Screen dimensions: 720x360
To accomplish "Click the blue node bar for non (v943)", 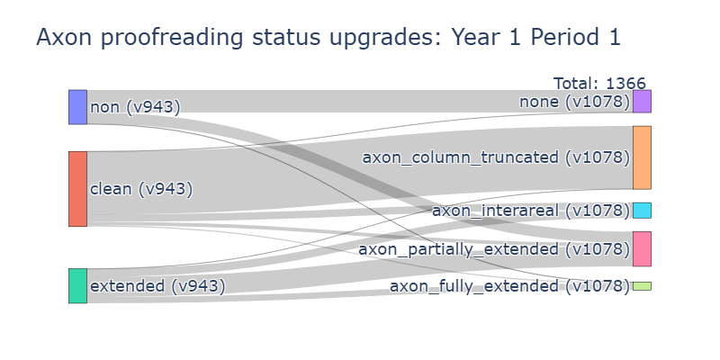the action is tap(77, 107).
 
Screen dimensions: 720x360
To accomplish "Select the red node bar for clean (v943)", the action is tap(77, 189).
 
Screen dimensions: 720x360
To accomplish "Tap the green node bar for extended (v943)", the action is tap(77, 285).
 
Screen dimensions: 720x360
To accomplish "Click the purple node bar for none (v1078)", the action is tap(642, 101).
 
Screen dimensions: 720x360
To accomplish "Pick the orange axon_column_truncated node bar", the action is tap(642, 157).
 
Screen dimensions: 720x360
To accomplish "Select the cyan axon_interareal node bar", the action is tap(642, 211).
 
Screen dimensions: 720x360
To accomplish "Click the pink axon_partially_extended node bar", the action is tap(642, 249).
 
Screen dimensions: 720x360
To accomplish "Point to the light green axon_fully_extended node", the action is tap(642, 286).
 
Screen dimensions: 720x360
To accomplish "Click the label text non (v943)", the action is tap(135, 107).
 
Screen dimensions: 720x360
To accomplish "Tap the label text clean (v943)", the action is tap(141, 189).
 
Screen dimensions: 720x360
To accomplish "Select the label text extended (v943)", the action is tap(158, 285).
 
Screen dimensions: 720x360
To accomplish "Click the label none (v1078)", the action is tap(574, 102).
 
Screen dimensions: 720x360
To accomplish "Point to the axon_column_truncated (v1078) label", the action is tap(496, 157).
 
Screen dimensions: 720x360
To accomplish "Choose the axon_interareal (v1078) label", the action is tap(531, 211).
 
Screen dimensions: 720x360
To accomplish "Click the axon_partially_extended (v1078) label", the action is tap(494, 249).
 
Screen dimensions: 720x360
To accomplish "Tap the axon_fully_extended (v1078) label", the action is tap(509, 286).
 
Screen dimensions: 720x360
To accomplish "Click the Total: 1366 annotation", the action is tap(599, 84).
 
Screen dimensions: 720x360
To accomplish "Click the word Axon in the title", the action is tap(64, 37).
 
